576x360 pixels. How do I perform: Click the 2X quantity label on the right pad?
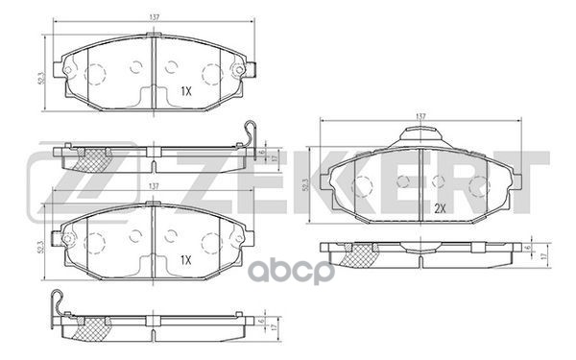pyautogui.click(x=441, y=207)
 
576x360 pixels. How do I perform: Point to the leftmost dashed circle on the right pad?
pyautogui.click(x=363, y=186)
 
